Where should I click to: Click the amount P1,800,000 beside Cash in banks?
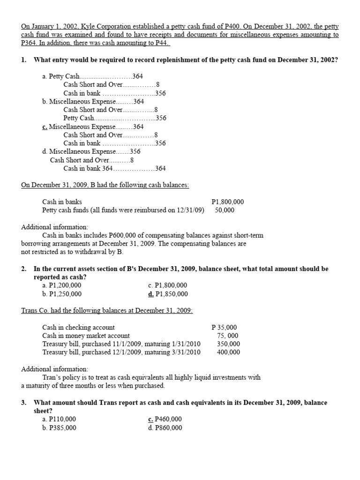[x=228, y=202]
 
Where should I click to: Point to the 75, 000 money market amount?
[x=227, y=336]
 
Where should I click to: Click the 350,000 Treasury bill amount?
[x=228, y=344]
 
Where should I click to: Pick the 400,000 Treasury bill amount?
[x=228, y=352]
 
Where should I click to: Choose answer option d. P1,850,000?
[x=168, y=294]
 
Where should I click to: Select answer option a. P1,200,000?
[x=61, y=285]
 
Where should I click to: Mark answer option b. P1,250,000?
[x=61, y=294]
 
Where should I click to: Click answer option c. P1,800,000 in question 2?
[x=167, y=285]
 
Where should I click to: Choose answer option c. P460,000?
[x=165, y=420]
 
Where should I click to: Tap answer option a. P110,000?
[x=59, y=420]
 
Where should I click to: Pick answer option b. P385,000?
[x=59, y=428]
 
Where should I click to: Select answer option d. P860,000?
[x=165, y=428]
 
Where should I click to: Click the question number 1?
[x=23, y=60]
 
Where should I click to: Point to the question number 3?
[x=23, y=403]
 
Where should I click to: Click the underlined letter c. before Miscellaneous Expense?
[x=45, y=127]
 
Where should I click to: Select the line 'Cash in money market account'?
[x=86, y=336]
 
